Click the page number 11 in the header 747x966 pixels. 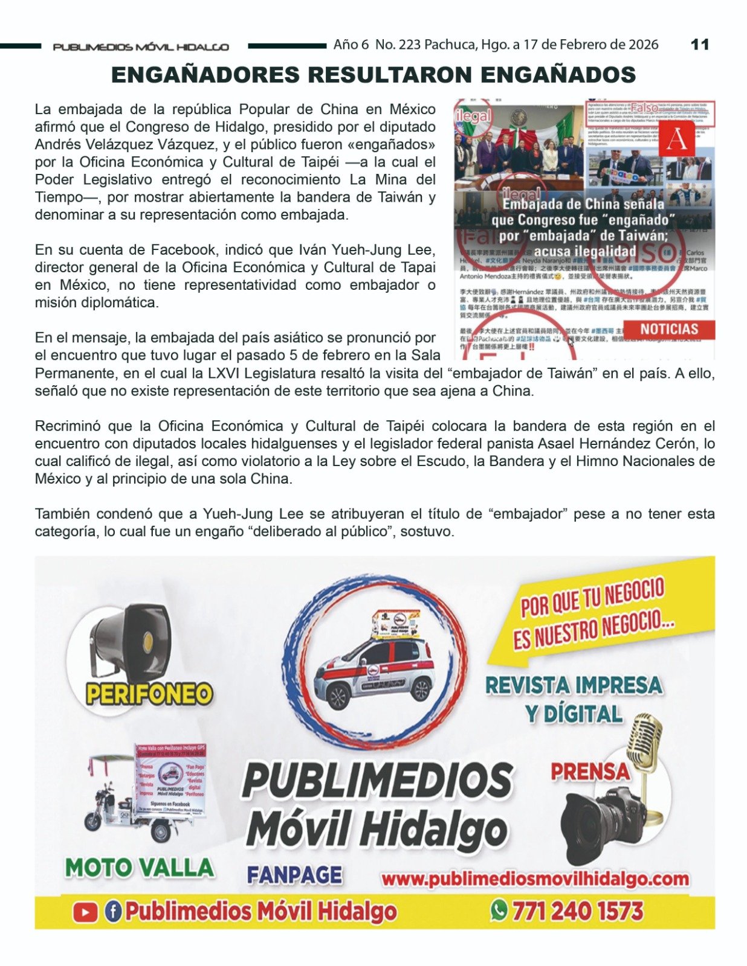click(x=699, y=45)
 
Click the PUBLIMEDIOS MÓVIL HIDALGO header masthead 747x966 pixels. click(x=141, y=46)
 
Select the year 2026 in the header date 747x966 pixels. click(x=642, y=45)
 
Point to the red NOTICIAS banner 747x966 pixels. click(x=668, y=330)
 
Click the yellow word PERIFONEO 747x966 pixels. click(x=149, y=694)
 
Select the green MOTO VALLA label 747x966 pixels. click(x=140, y=868)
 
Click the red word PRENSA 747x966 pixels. click(x=589, y=772)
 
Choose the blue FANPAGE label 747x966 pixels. click(x=294, y=875)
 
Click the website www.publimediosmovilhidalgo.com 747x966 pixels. click(x=535, y=879)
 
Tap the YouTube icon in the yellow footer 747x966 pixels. click(x=85, y=912)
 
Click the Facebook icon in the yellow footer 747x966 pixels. click(x=113, y=911)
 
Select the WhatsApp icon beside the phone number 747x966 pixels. click(x=499, y=910)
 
